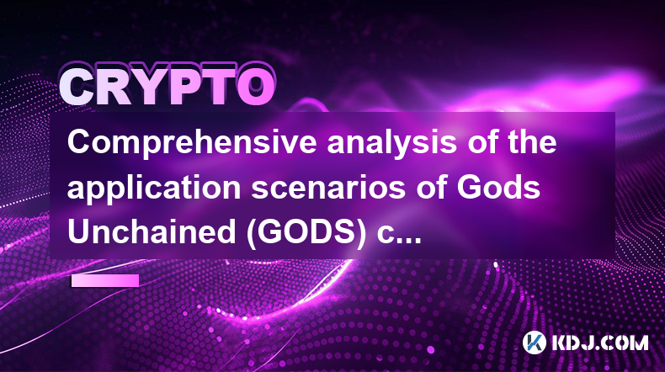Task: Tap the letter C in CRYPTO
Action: point(77,88)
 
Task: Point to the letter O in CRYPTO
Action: point(256,88)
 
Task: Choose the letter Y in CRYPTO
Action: point(151,88)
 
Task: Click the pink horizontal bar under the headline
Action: point(105,280)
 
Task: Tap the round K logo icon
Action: point(534,343)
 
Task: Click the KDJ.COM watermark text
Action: point(599,343)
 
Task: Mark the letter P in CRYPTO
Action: point(184,88)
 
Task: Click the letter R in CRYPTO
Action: point(114,88)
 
